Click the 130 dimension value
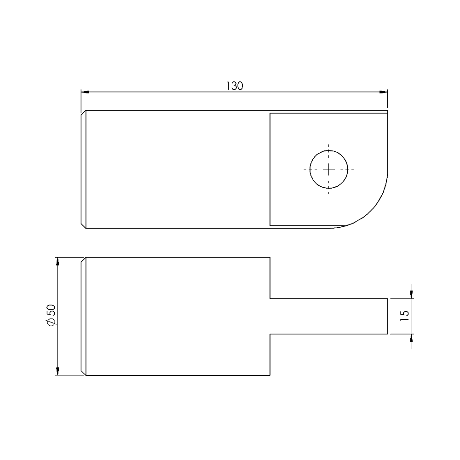[235, 86]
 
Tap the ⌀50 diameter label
[52, 315]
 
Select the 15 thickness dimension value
[404, 316]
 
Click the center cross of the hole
[328, 169]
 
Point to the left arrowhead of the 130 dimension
[85, 92]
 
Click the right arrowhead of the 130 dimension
[384, 92]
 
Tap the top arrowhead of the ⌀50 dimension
[57, 261]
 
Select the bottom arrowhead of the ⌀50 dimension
[57, 371]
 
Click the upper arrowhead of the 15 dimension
[411, 294]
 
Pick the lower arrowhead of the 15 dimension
[411, 338]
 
